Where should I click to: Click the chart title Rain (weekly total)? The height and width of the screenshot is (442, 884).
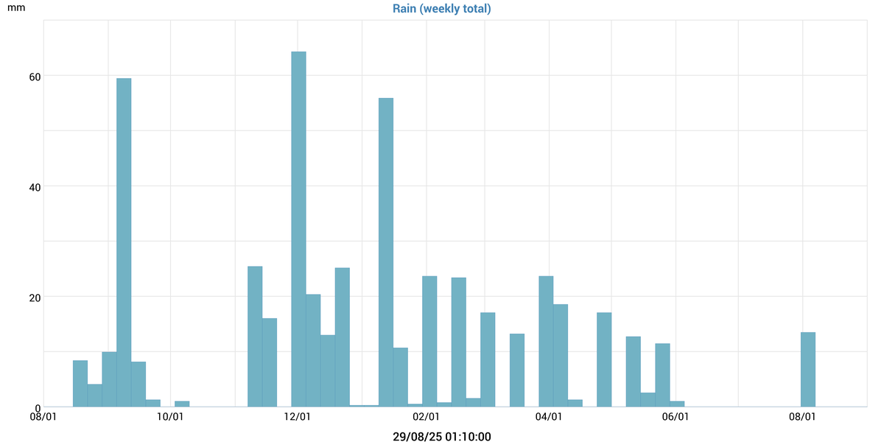[x=442, y=9]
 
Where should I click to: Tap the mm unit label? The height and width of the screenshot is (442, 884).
[x=15, y=9]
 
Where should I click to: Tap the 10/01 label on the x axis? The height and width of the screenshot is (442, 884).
[x=170, y=417]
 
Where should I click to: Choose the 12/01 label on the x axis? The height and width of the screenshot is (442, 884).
[x=297, y=417]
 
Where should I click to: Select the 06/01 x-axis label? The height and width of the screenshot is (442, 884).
[x=676, y=417]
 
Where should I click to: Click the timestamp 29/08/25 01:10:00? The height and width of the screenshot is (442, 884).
[x=442, y=437]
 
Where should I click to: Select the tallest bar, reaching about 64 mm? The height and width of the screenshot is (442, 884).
[x=298, y=228]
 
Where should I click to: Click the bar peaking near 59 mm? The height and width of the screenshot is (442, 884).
[x=124, y=243]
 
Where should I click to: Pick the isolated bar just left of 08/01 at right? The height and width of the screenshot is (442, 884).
[x=808, y=370]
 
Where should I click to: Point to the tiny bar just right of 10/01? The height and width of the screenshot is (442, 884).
[x=182, y=404]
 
